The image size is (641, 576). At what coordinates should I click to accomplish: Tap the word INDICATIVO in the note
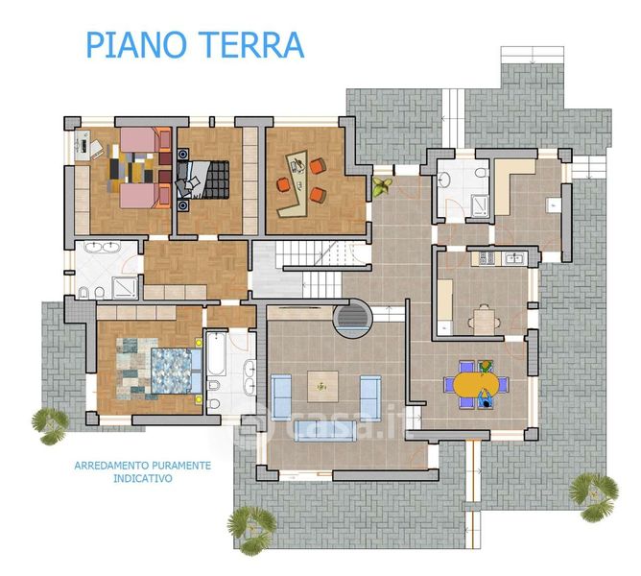click(x=143, y=478)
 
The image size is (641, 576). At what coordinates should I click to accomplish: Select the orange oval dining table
click(x=476, y=384)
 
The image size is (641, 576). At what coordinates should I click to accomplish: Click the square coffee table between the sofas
click(x=322, y=386)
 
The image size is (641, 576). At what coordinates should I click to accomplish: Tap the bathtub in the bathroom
click(x=216, y=354)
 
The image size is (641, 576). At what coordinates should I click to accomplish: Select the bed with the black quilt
click(x=202, y=180)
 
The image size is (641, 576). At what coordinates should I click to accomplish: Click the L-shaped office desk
click(x=294, y=183)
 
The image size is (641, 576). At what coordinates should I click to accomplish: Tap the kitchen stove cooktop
click(x=487, y=257)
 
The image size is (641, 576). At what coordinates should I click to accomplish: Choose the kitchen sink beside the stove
click(x=512, y=258)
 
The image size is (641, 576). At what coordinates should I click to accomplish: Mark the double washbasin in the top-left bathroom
click(x=103, y=247)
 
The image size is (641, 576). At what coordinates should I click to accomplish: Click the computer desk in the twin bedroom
click(x=83, y=146)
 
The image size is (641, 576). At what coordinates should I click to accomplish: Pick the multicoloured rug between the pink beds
click(x=131, y=168)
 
